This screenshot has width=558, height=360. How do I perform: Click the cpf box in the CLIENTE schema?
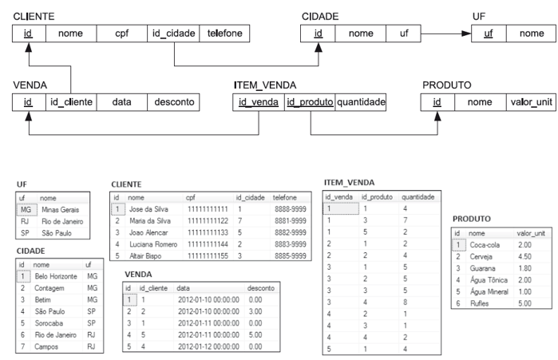coord(121,34)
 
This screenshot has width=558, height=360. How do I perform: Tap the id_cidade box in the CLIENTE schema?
coord(173,34)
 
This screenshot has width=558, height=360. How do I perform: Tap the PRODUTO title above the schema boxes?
coord(446,84)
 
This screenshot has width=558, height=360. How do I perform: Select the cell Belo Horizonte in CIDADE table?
coord(55,275)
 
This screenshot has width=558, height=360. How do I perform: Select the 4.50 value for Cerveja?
coord(523,257)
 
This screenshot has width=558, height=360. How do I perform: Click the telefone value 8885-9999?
coord(287,255)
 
